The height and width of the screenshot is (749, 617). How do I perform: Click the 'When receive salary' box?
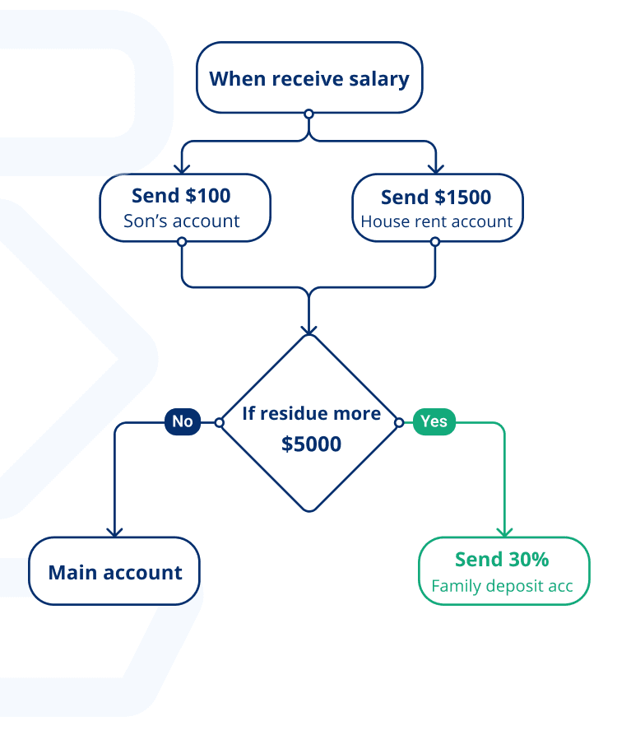coord(308,78)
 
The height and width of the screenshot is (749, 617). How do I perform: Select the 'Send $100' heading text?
coord(181,196)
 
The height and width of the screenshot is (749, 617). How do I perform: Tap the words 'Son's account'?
coord(181,221)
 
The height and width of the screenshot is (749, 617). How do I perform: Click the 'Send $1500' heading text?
coord(436,197)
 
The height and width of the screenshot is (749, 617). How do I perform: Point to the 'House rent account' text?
coord(436,221)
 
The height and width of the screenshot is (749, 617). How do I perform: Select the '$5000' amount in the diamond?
coord(311,444)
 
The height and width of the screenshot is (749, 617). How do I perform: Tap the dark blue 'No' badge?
coord(183,422)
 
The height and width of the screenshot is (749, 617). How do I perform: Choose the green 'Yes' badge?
coord(434,422)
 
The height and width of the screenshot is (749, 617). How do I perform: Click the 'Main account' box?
coord(114,572)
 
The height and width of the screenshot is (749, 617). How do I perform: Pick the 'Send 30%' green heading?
coord(502,560)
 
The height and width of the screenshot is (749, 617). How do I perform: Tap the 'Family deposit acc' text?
coord(502,587)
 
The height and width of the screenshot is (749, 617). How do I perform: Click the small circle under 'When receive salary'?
coord(308,114)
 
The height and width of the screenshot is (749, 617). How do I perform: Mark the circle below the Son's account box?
coord(182,242)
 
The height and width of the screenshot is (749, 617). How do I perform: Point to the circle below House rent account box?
coord(435,242)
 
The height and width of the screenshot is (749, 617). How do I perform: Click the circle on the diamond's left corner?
coord(220,422)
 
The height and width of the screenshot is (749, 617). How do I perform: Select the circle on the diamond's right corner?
coord(399,422)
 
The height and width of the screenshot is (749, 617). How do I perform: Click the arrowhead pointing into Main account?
coord(114,532)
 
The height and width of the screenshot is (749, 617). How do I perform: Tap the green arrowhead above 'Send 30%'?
coord(504,532)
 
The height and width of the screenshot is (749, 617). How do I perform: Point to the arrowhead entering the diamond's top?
coord(308,328)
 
